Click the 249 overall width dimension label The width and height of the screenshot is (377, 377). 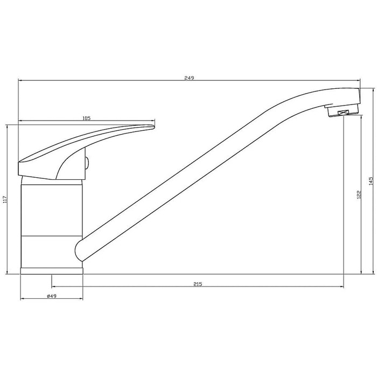[189, 78]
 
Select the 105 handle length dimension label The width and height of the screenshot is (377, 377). [86, 118]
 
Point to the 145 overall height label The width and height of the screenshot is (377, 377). [371, 181]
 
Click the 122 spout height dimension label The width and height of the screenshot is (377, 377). [359, 195]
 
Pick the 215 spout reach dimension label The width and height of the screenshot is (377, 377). [198, 284]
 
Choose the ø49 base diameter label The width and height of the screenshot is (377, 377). [52, 296]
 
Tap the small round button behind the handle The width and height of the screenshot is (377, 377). [87, 164]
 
